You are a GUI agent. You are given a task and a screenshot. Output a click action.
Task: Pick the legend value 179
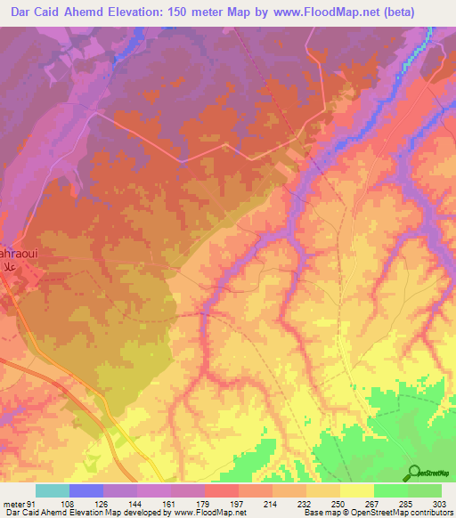coord(204,503)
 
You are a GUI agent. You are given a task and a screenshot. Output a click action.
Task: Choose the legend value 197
coord(238,503)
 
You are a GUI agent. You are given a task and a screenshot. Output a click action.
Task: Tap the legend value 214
coord(272,503)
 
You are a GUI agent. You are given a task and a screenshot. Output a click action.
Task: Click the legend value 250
coord(339,503)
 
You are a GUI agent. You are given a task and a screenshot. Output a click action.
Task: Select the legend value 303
coord(441,503)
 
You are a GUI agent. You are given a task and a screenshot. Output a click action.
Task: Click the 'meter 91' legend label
coord(20,503)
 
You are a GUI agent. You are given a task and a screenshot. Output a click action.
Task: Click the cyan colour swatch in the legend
coord(53,490)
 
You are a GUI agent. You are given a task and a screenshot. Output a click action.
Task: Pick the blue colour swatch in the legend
coord(86,490)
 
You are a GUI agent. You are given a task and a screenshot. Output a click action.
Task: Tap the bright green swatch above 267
coord(390,490)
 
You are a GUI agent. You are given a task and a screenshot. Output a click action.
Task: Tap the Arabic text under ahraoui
coord(9,266)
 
